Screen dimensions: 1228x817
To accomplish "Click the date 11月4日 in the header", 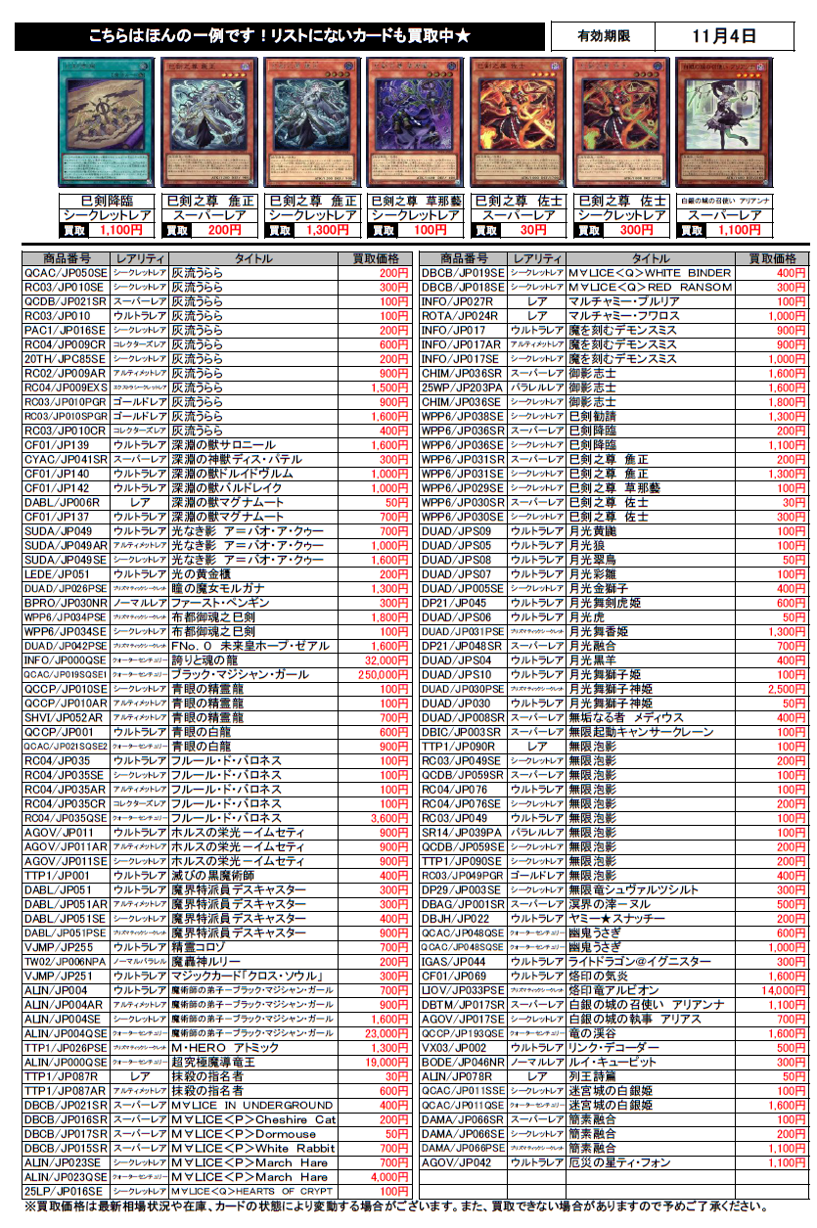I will (723, 37).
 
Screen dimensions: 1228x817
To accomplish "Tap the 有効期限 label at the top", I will (603, 37).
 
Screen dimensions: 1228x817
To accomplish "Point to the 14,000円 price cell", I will (783, 990).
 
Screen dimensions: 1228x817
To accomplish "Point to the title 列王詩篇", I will (587, 1076).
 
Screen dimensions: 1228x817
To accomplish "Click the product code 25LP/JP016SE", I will (63, 1191).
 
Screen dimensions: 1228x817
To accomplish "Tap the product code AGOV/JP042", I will (455, 1162).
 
